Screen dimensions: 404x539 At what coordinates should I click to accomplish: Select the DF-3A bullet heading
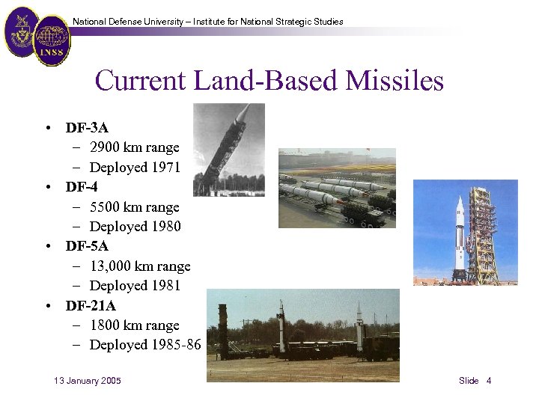click(x=87, y=128)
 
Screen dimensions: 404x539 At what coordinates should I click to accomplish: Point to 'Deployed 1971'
click(x=135, y=168)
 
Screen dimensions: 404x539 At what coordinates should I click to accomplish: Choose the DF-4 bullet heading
click(x=82, y=187)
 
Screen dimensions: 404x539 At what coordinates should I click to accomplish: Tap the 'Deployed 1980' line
click(x=135, y=227)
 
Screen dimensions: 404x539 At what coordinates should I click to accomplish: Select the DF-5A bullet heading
click(x=87, y=246)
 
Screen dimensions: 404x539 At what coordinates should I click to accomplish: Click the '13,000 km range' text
click(x=140, y=266)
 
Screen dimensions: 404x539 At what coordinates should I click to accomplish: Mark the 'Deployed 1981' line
click(x=135, y=286)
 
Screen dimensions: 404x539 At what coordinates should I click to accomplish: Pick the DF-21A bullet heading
click(x=91, y=305)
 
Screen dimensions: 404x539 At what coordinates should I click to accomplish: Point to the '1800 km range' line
click(x=135, y=325)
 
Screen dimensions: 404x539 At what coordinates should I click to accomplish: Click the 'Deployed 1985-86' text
click(x=145, y=345)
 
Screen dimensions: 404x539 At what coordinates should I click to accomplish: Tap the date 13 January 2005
click(x=88, y=381)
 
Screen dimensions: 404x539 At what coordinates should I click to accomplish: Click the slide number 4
click(x=489, y=381)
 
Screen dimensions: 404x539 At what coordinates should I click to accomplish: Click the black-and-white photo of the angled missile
click(x=228, y=150)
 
